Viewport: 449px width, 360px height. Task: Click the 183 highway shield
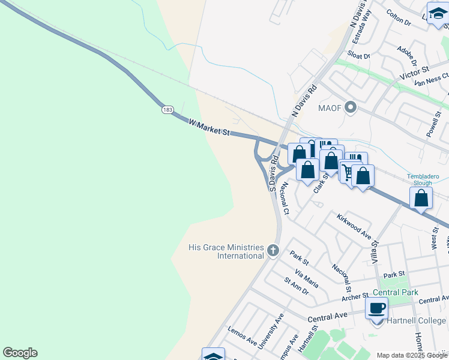point(167,109)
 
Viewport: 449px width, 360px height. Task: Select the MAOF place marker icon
point(352,108)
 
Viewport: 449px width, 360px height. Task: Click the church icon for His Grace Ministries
point(273,250)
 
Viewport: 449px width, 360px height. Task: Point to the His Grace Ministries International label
point(226,251)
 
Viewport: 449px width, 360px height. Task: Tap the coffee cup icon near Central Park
point(376,309)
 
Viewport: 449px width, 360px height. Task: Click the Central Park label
point(394,293)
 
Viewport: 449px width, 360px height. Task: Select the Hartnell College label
point(415,320)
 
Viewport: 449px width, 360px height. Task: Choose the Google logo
point(20,353)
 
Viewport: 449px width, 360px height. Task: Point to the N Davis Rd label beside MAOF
point(303,101)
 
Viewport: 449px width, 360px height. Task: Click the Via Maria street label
point(306,278)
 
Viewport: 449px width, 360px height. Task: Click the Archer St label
point(354,296)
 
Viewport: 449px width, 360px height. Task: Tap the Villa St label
point(376,251)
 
